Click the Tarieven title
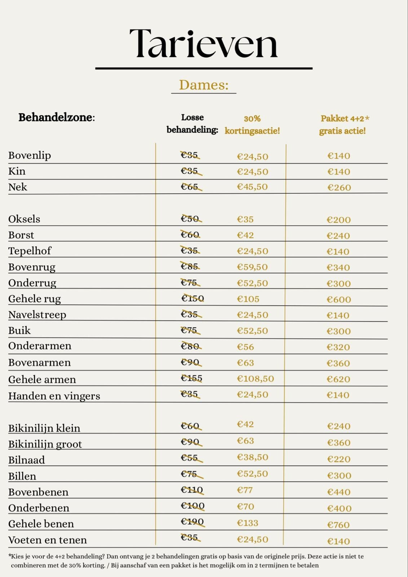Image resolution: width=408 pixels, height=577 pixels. (x=204, y=44)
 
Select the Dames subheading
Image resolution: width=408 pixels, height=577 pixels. (x=204, y=85)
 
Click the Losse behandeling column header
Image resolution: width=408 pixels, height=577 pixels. (x=192, y=123)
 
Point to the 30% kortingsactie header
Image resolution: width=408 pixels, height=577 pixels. (x=252, y=124)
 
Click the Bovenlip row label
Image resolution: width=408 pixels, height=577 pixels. (x=30, y=155)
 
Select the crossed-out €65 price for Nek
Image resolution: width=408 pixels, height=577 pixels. (x=190, y=187)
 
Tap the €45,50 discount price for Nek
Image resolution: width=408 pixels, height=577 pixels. (x=252, y=187)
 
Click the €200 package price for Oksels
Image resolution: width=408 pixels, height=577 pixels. (x=338, y=220)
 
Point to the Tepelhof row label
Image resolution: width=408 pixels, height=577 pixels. (x=30, y=251)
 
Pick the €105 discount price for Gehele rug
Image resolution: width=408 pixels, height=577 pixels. (x=248, y=299)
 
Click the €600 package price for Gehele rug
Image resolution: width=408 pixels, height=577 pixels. (x=338, y=299)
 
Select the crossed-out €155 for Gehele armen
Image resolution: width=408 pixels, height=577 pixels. (x=191, y=378)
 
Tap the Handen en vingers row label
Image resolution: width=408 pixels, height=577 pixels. (x=54, y=396)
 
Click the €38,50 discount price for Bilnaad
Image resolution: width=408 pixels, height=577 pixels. (x=252, y=457)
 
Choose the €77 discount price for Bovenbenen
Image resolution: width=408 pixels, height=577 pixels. (x=245, y=490)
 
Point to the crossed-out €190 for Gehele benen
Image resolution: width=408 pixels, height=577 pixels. (x=192, y=522)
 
